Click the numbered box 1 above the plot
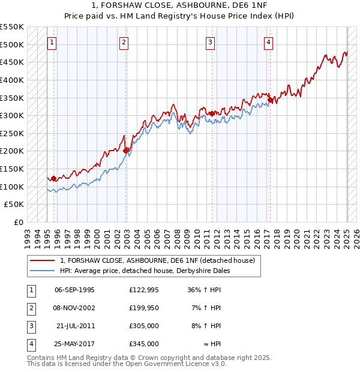pos(53,42)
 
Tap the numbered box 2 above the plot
pos(124,42)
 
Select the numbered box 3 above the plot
pos(211,42)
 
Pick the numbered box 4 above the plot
pos(268,42)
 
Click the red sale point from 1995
pos(53,178)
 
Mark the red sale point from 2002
pos(126,151)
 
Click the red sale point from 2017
pos(270,100)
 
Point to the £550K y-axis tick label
pos(12,27)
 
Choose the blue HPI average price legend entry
pos(145,271)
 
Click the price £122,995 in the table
pos(143,290)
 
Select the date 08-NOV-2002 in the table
pos(74,308)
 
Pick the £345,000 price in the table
pos(143,344)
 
